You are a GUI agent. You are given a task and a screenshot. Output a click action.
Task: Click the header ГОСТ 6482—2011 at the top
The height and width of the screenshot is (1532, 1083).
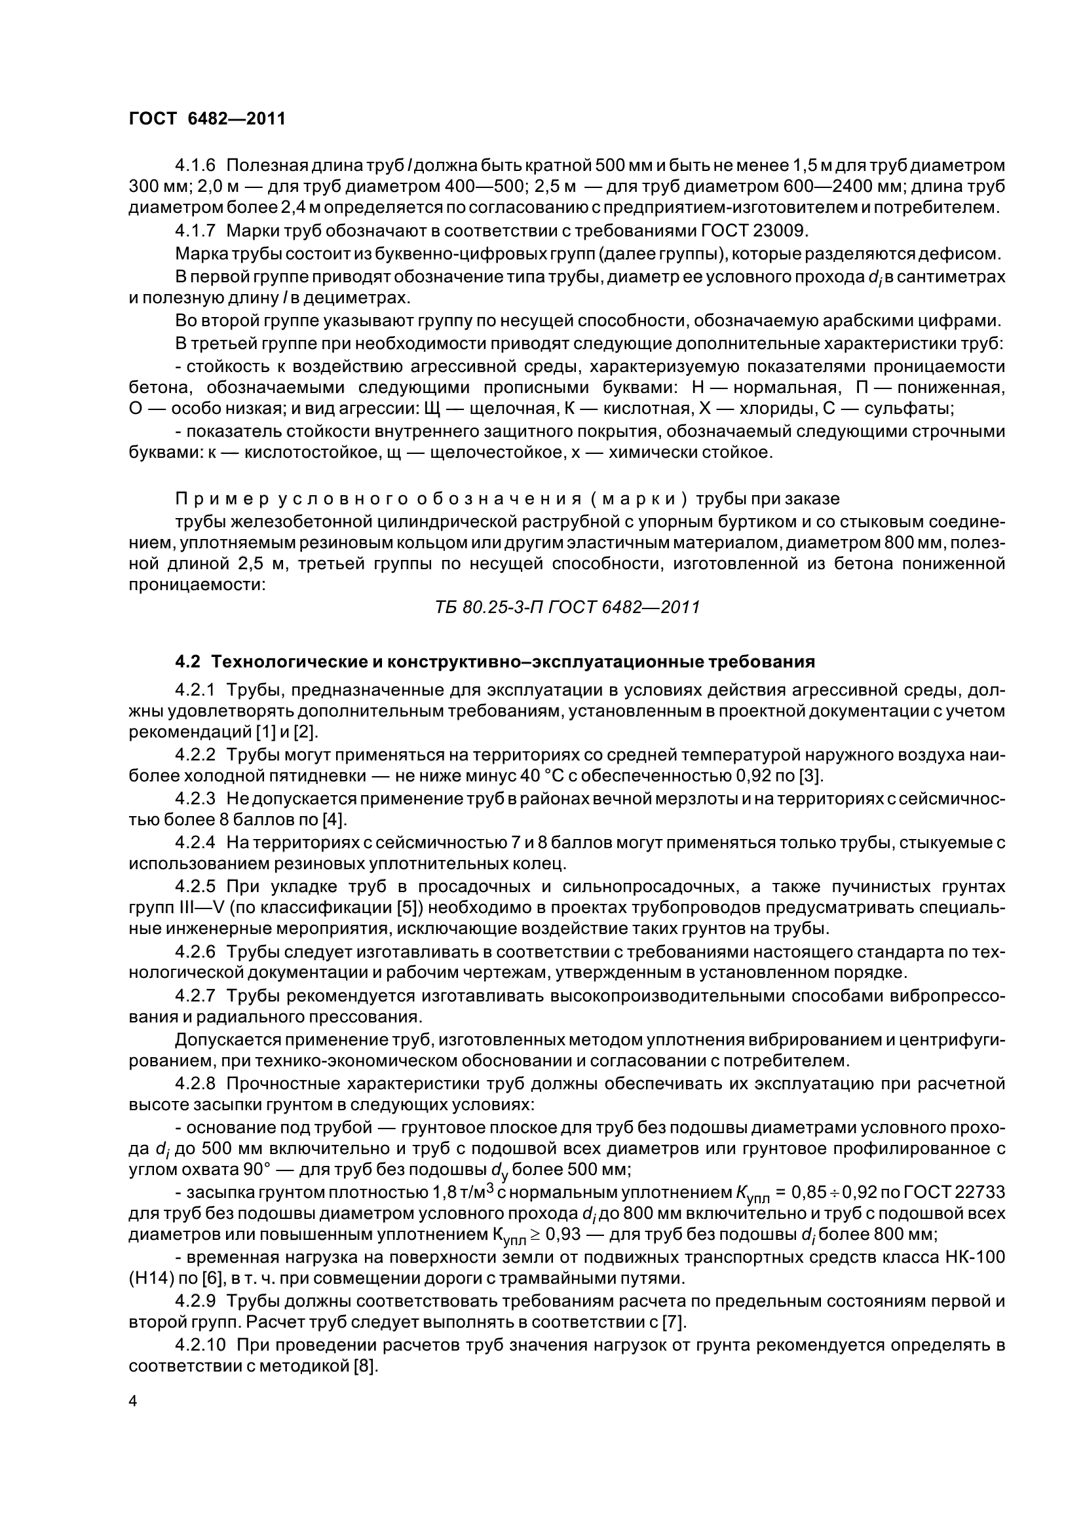(x=207, y=119)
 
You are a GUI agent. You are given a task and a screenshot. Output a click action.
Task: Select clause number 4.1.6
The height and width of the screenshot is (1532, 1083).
(x=195, y=164)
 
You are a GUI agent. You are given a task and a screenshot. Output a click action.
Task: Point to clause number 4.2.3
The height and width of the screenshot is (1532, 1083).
(x=195, y=798)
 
